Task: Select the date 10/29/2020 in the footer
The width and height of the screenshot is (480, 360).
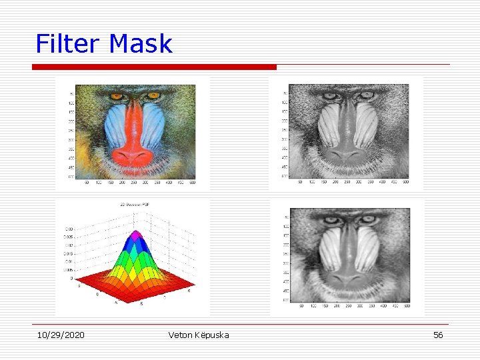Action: (x=61, y=335)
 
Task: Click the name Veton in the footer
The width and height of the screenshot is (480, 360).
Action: (x=182, y=335)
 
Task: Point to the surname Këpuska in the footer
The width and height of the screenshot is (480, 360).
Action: (x=213, y=335)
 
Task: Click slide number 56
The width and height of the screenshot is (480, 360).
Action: (x=438, y=335)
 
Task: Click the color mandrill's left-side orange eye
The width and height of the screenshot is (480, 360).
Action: (x=117, y=97)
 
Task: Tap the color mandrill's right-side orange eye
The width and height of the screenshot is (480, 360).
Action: (x=153, y=96)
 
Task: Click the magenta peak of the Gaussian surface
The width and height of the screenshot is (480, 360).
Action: (x=137, y=235)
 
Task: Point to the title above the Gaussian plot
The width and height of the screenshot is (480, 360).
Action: (x=132, y=205)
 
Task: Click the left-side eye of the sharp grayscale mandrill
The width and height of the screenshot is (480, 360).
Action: (x=330, y=95)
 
